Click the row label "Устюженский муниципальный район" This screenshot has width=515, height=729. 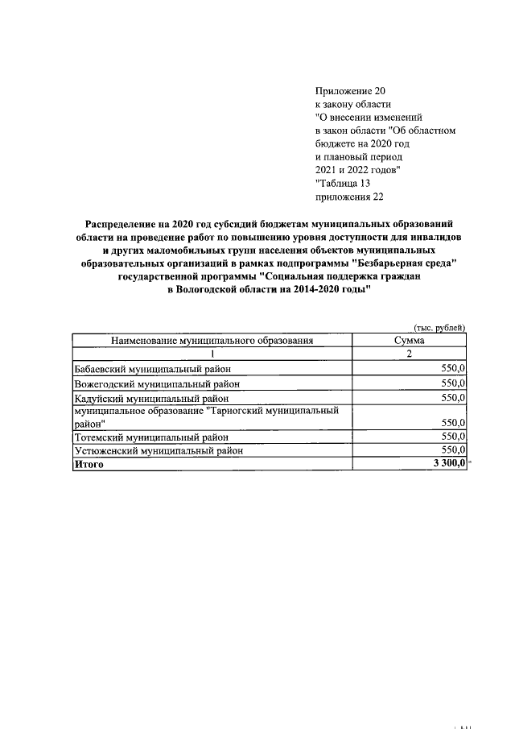(158, 451)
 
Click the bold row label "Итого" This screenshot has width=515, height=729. (89, 465)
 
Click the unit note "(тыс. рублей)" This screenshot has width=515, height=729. (439, 328)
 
